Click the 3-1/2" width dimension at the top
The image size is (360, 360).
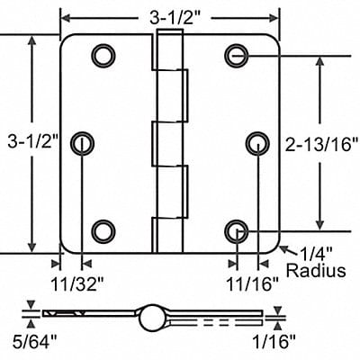[170, 15]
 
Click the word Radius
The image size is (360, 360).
[315, 271]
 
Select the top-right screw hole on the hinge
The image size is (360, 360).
[236, 55]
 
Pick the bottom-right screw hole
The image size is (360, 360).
[236, 229]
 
